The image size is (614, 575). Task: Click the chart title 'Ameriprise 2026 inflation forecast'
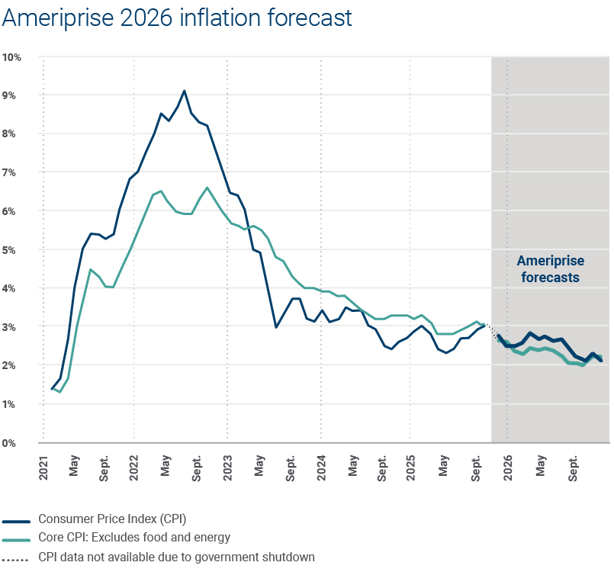[177, 18]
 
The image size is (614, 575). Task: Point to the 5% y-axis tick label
[12, 250]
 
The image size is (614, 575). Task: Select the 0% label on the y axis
[12, 443]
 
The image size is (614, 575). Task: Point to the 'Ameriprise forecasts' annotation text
[551, 269]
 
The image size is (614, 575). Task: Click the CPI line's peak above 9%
[184, 91]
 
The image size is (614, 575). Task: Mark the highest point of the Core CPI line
[207, 188]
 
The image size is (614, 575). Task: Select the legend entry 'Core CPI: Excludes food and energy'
[134, 539]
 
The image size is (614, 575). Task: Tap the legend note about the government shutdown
[176, 557]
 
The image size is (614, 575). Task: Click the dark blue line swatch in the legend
[16, 522]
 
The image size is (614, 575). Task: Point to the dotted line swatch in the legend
[16, 557]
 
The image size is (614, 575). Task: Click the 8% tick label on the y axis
[12, 134]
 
